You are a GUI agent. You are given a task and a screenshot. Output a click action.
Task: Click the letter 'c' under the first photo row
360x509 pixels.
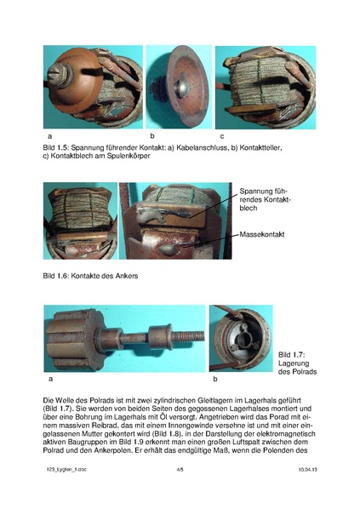click(222, 136)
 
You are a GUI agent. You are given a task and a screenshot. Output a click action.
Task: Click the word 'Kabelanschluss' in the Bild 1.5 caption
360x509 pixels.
click(180, 147)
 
